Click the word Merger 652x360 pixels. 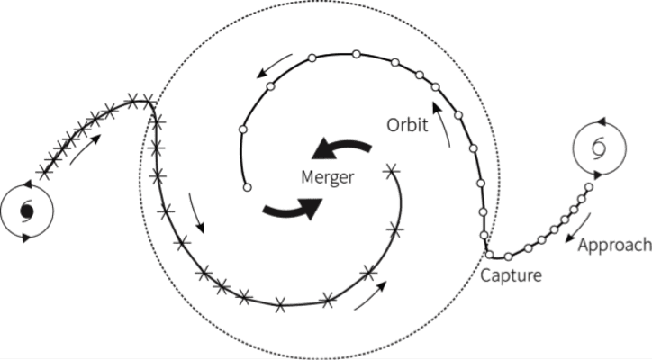pyautogui.click(x=325, y=179)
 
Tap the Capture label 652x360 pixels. pyautogui.click(x=511, y=275)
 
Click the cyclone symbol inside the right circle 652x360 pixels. pyautogui.click(x=598, y=147)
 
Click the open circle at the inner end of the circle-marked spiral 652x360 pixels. pyautogui.click(x=246, y=188)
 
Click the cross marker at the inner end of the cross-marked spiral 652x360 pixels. pyautogui.click(x=391, y=168)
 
